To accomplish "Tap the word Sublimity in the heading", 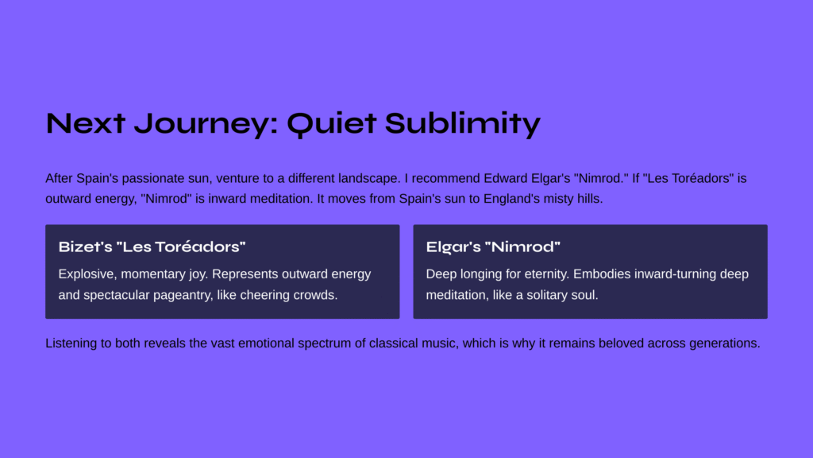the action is coord(463,123).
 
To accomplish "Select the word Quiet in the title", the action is coord(331,123).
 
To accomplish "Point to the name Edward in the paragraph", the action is coord(506,178).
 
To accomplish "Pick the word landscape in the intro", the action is coord(369,179).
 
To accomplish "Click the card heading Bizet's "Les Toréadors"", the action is coord(152,246).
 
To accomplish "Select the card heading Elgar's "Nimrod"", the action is coord(493,246).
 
